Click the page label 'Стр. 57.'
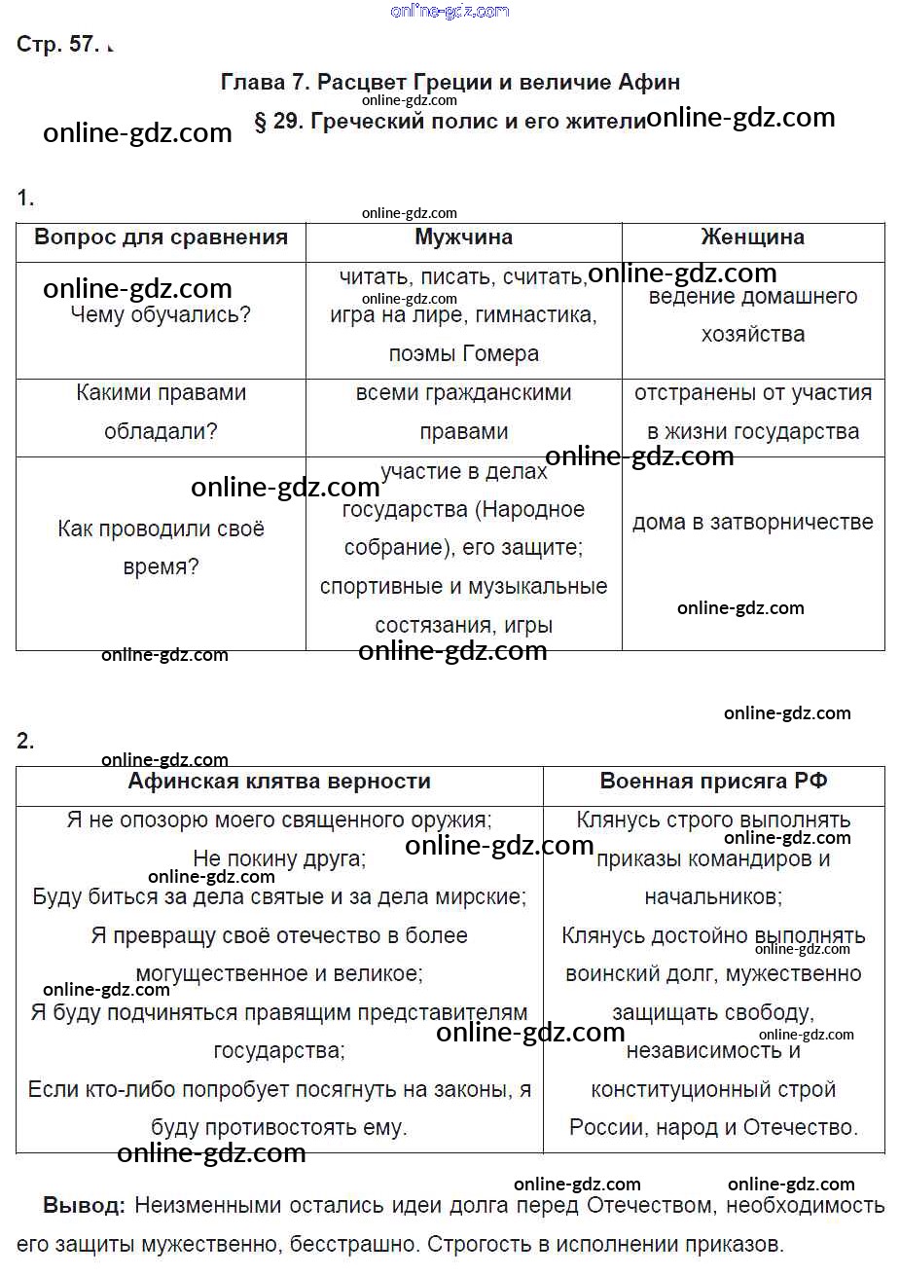(57, 45)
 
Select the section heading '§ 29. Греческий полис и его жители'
(449, 123)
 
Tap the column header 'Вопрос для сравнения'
(161, 237)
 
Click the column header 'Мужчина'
(463, 237)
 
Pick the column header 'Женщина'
(752, 237)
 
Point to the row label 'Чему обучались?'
(161, 315)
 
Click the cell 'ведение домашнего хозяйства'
(752, 315)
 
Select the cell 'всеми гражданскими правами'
(463, 413)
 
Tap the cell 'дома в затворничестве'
(752, 523)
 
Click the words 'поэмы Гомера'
(463, 354)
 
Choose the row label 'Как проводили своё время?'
(161, 548)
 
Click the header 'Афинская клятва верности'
(279, 782)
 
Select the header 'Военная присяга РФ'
(713, 782)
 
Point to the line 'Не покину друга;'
(279, 858)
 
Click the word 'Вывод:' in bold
(84, 1206)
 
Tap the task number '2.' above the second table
(25, 742)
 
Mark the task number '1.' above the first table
(25, 199)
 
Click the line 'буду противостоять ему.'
(279, 1128)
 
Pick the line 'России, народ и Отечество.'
(713, 1128)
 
